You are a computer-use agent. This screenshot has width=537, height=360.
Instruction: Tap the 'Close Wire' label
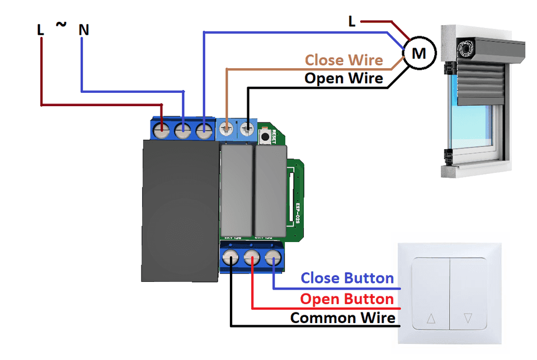tap(344, 60)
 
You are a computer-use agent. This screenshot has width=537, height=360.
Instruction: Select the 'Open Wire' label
tap(344, 78)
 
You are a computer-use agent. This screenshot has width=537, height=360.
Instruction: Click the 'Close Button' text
tap(347, 278)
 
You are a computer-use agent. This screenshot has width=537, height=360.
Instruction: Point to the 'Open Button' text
tap(347, 299)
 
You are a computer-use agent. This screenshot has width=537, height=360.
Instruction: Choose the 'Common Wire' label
tap(343, 318)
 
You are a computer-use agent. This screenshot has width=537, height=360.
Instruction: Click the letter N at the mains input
tap(84, 30)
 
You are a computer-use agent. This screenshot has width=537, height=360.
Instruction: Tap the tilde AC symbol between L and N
tap(61, 25)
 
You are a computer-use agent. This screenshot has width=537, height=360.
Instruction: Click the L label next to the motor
tap(352, 22)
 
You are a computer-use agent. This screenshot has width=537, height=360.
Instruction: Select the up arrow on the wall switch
tap(431, 319)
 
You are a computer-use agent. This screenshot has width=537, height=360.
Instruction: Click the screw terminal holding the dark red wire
tap(162, 131)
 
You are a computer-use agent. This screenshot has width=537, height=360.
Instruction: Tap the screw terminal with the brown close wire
tap(227, 129)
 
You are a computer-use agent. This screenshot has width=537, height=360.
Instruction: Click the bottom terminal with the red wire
tap(252, 258)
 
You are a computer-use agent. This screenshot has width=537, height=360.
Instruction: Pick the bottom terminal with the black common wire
tap(231, 258)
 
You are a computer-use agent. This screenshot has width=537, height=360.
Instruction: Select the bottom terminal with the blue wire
tap(272, 258)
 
